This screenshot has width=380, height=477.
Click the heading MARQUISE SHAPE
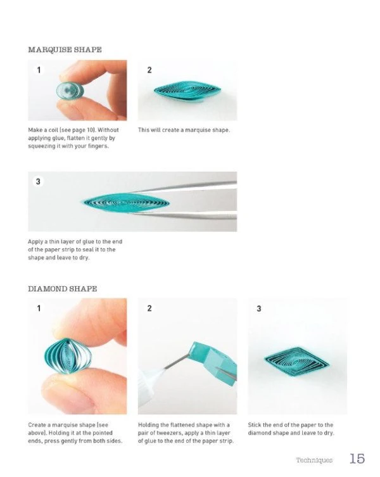(65, 49)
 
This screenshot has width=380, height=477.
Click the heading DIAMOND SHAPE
(62, 289)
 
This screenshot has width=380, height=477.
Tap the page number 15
(357, 459)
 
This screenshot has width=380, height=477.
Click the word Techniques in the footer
(314, 460)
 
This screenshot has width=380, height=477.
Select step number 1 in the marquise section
(39, 70)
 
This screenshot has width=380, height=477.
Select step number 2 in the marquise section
(149, 70)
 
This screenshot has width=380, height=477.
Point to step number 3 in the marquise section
(38, 182)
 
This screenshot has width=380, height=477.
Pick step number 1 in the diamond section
(39, 308)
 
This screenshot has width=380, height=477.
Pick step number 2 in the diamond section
(149, 308)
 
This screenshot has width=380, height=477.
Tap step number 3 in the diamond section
(259, 308)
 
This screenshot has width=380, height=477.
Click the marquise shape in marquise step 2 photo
(187, 91)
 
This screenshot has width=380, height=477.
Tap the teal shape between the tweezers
(125, 203)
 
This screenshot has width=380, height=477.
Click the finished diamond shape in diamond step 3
(296, 362)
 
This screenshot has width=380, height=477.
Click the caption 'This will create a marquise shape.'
(184, 130)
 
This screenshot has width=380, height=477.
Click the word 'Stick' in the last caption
(255, 424)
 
